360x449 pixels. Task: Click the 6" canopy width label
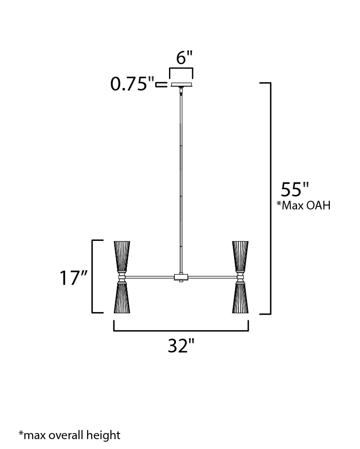[184, 58]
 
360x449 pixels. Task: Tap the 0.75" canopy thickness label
[132, 84]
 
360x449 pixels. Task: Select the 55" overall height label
[295, 189]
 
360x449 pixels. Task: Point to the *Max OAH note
[303, 205]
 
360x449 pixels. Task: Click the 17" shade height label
[73, 278]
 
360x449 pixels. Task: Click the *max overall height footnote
[69, 435]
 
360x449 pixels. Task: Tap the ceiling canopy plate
[181, 85]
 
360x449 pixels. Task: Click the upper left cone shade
[122, 256]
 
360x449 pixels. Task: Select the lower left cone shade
[122, 298]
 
